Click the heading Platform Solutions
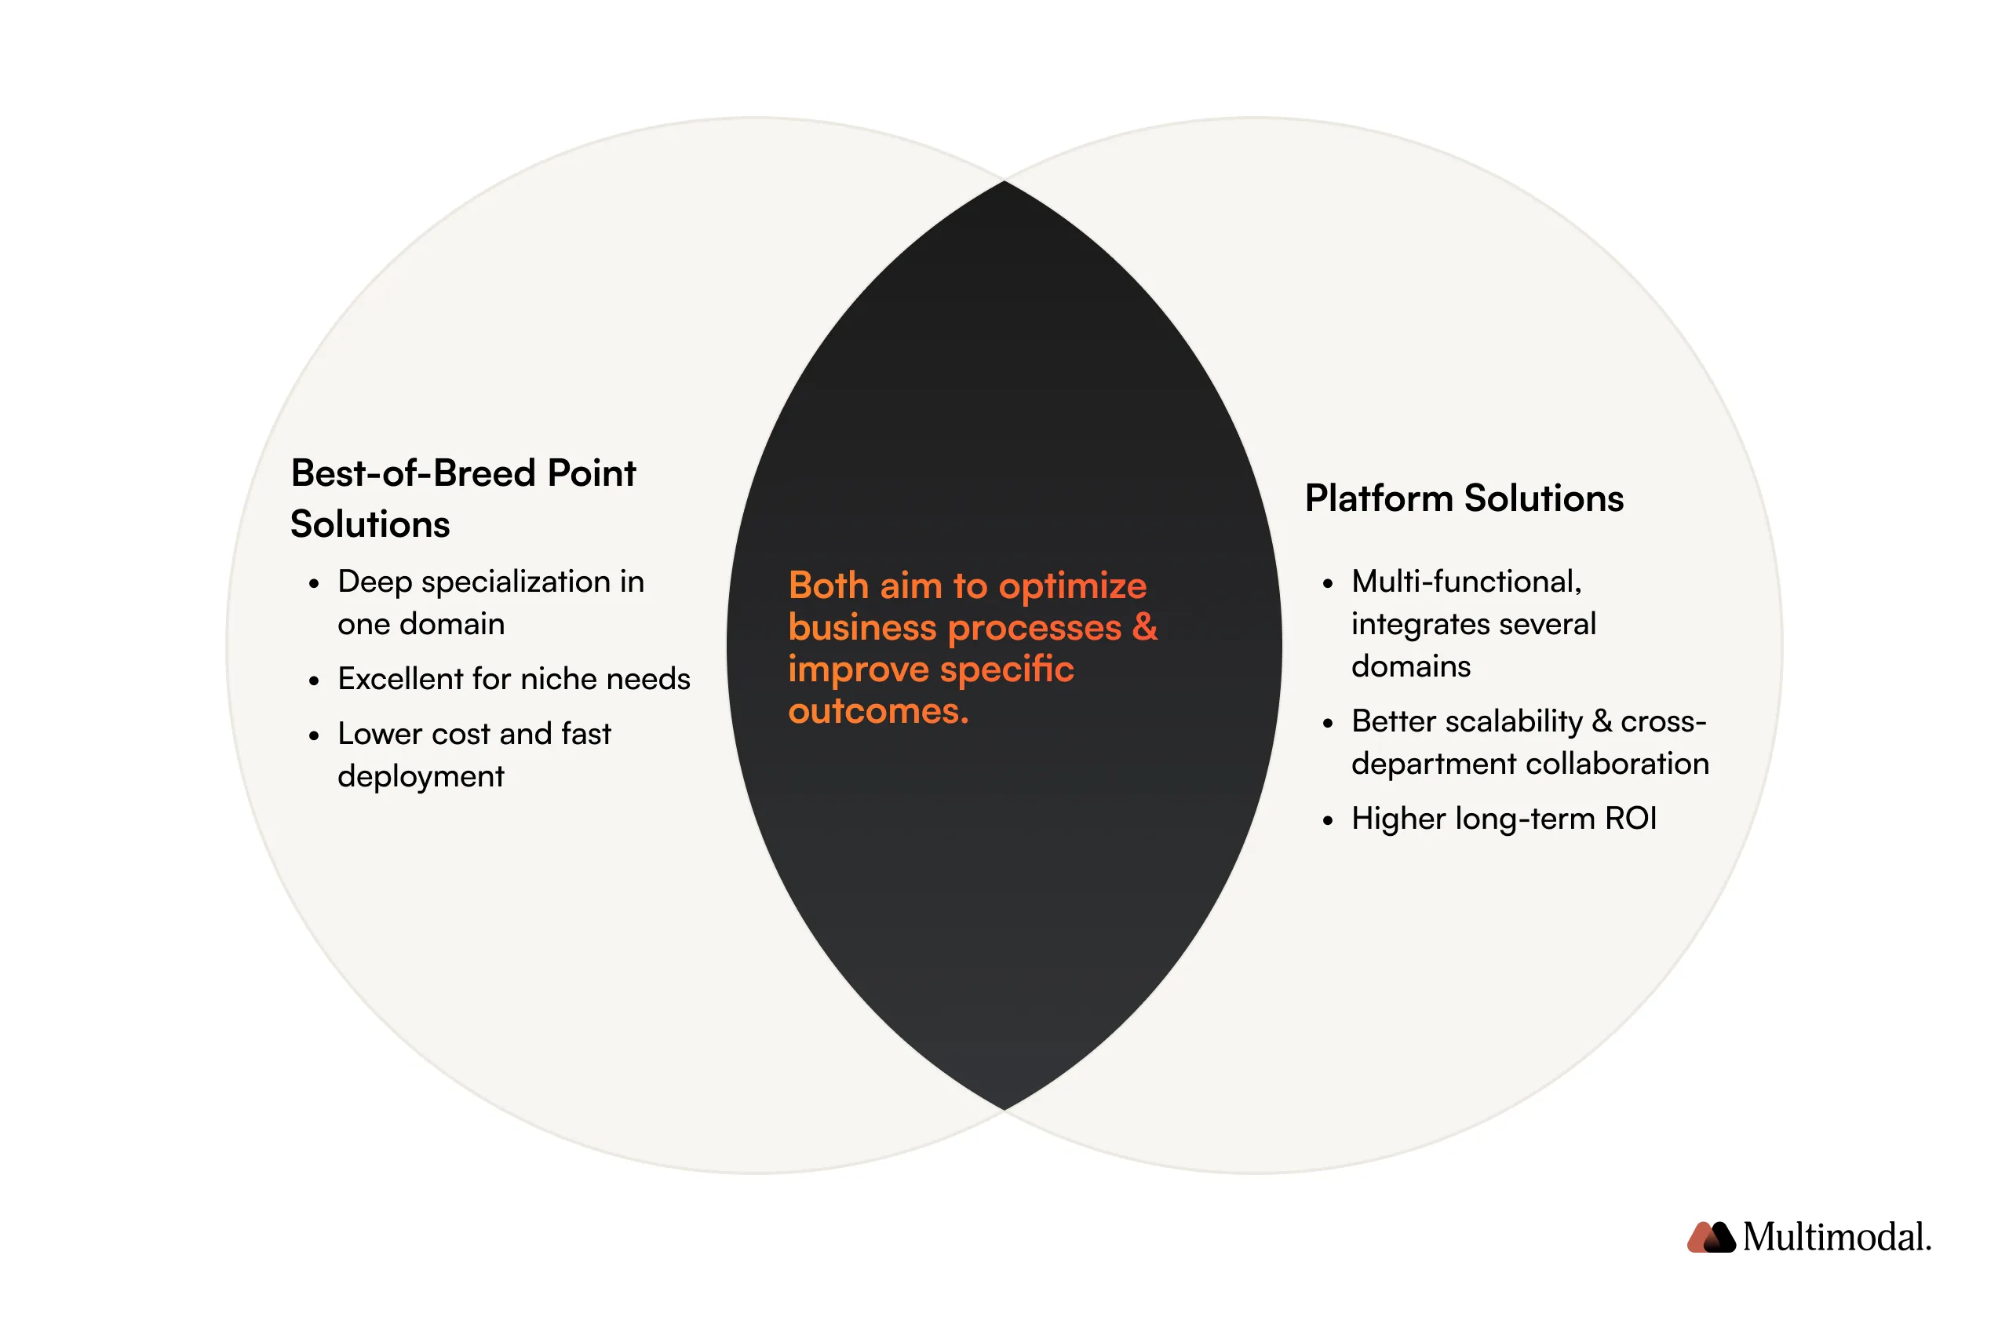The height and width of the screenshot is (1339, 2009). [1464, 498]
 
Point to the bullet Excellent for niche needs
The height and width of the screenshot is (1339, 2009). [513, 679]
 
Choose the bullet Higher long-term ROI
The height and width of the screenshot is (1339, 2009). [1503, 819]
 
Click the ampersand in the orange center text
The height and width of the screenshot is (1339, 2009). [1144, 627]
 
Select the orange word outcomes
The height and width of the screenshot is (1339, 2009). [877, 711]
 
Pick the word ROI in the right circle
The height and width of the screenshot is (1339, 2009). [1630, 819]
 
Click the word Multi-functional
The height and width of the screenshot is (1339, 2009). [1466, 582]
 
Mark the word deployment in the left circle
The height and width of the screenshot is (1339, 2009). [420, 776]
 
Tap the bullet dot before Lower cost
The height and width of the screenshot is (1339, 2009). [314, 735]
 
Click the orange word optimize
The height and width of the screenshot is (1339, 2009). [1072, 586]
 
